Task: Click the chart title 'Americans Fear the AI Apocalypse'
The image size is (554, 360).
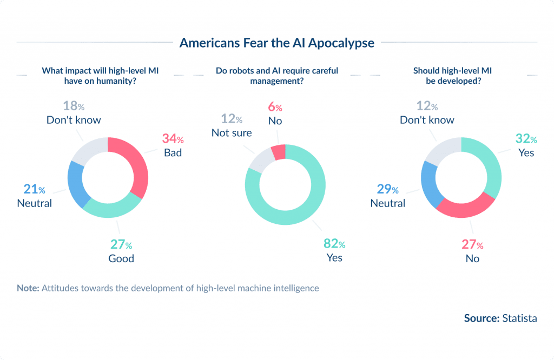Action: coord(276,43)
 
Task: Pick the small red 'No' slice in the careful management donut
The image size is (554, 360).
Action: coord(279,152)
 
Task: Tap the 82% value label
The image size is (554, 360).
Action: coord(334,244)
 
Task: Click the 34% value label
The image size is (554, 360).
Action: coord(173,139)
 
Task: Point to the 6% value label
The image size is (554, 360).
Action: coord(275,107)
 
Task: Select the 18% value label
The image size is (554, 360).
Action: coord(73,106)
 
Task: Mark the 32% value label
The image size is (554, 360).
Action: coord(526,139)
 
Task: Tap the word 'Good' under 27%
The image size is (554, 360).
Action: coord(121,258)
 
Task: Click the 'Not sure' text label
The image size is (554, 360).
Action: coord(232,132)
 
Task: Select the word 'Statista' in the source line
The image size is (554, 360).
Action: coord(519,318)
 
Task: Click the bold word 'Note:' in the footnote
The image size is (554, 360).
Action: coord(28,288)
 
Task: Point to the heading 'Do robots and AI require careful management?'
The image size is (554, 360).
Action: coord(276,76)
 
